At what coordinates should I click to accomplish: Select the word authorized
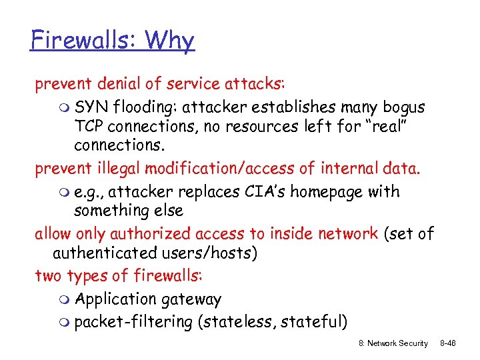pos(151,233)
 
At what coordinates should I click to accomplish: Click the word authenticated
pos(103,254)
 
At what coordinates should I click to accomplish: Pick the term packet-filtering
pos(133,323)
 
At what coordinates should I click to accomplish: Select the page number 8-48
pos(456,343)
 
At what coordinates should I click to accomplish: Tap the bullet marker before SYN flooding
pos(63,108)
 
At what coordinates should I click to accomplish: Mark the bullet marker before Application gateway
pos(63,300)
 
